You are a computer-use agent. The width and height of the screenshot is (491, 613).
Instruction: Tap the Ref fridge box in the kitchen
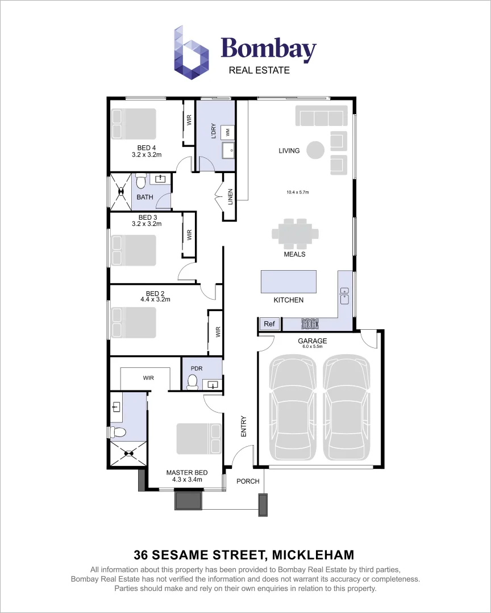click(x=269, y=324)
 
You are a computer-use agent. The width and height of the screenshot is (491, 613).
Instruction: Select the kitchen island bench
click(x=288, y=282)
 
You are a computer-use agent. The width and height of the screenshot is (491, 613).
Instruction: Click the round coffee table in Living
click(x=315, y=150)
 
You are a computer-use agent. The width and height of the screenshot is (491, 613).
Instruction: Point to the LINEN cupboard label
click(x=230, y=197)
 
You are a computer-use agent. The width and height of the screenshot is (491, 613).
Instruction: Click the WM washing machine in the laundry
click(x=228, y=132)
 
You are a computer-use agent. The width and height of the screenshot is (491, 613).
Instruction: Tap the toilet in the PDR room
click(x=193, y=381)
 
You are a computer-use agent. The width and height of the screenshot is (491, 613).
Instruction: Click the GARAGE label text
click(x=313, y=341)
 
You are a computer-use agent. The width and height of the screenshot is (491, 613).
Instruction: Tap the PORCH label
click(x=248, y=481)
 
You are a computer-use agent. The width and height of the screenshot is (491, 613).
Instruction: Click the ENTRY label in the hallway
click(x=244, y=426)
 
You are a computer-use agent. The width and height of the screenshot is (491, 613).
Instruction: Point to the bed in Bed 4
click(x=134, y=124)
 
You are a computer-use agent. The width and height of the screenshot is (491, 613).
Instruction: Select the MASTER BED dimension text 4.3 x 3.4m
click(x=187, y=480)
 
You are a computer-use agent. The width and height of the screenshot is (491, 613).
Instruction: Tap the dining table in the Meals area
click(x=295, y=233)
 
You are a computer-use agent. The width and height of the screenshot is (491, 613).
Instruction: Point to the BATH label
click(x=145, y=198)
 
